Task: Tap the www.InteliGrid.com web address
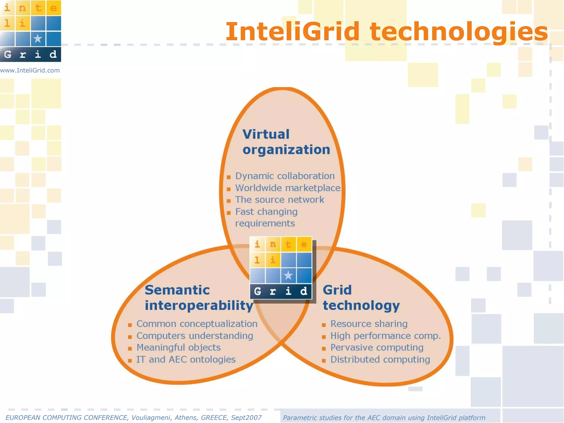pos(30,70)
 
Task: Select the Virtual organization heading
pos(286,142)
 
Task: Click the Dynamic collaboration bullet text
pos(285,176)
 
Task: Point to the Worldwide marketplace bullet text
pos(288,188)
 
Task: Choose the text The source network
pos(280,200)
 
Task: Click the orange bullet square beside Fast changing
pos(229,213)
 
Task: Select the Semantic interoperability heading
pos(199,298)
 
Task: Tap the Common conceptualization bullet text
pos(197,324)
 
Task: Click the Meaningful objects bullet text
pos(178,348)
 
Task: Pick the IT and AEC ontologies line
pos(186,359)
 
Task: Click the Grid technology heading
pos(361,298)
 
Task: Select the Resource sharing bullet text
pos(369,324)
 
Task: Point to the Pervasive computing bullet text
pos(377,348)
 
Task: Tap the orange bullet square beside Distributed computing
pos(324,360)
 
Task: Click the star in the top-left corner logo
pos(38,39)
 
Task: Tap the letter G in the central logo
pos(257,291)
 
